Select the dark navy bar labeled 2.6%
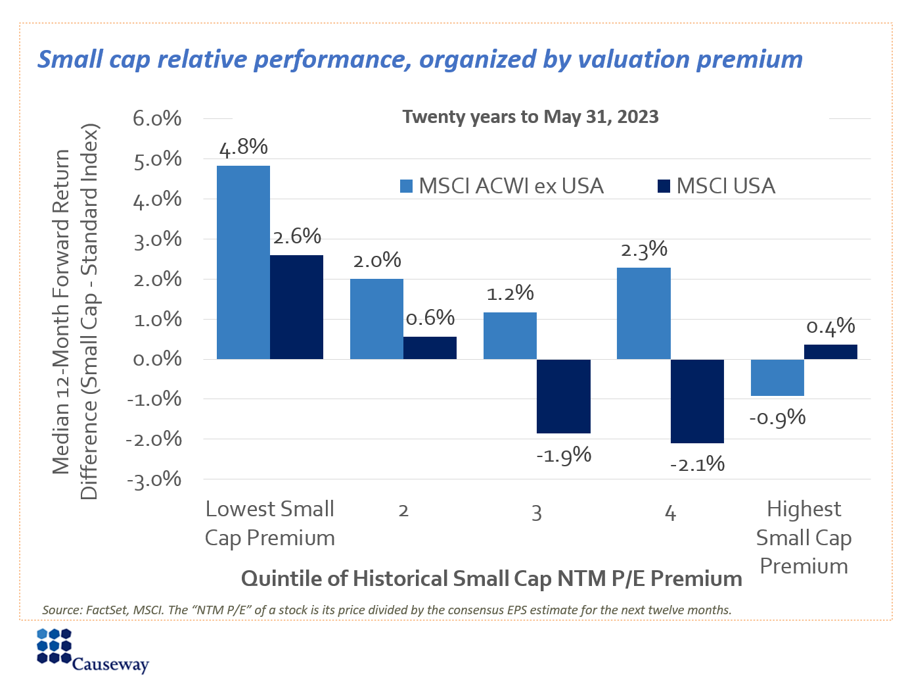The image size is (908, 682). [296, 306]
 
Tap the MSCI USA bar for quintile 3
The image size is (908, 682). [563, 396]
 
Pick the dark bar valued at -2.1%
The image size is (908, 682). [696, 401]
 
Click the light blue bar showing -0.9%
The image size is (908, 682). [777, 378]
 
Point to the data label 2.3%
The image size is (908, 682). [644, 251]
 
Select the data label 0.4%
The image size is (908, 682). [830, 327]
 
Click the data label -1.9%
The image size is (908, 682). [564, 454]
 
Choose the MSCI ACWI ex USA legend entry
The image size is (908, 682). [502, 186]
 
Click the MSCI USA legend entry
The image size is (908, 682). [717, 186]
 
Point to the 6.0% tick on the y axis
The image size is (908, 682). [157, 119]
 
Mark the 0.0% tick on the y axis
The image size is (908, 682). [157, 359]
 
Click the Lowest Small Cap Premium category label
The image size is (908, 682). [270, 524]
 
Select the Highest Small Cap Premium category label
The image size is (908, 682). [804, 537]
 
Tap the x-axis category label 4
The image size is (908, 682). [670, 513]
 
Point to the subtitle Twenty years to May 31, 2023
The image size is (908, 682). [530, 117]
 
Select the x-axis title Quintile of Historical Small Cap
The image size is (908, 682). [491, 579]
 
